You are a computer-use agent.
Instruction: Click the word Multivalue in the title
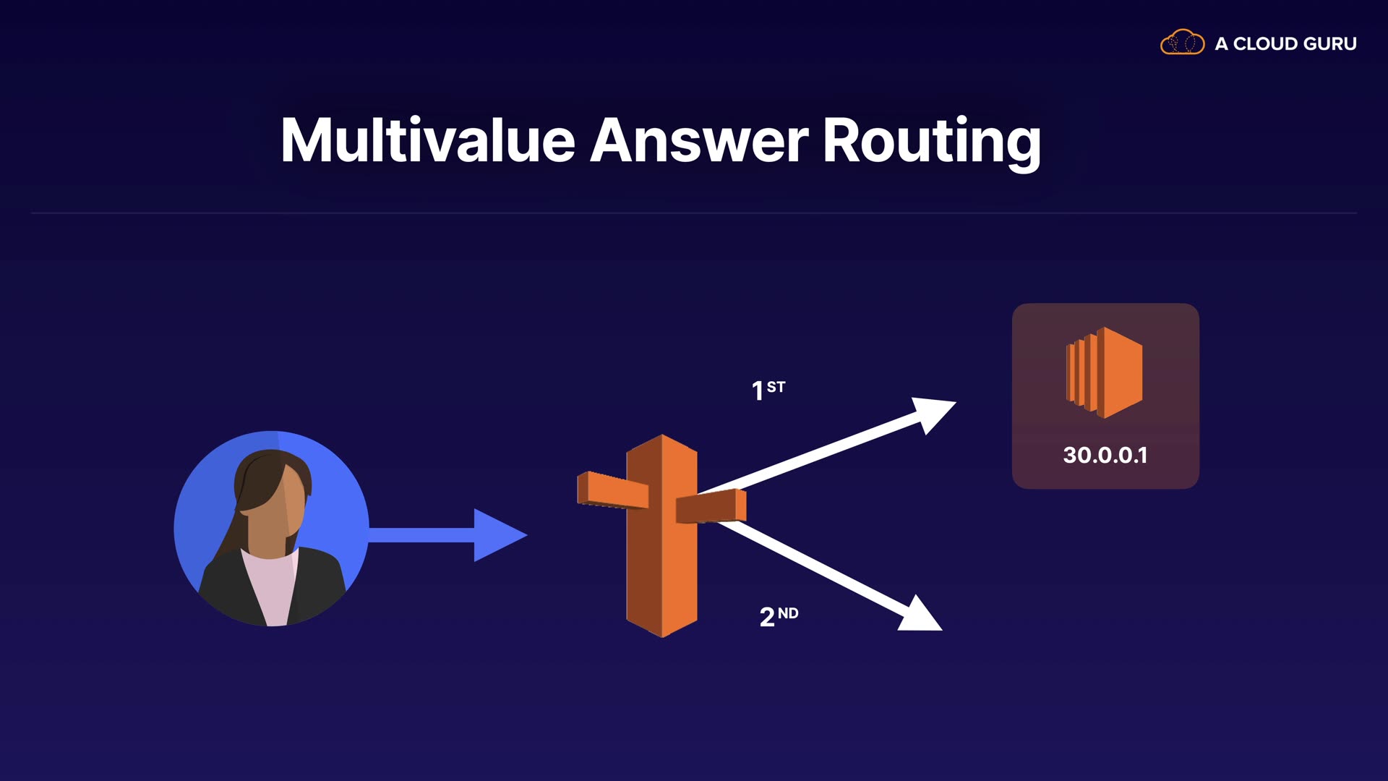427,140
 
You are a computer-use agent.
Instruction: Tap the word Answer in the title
699,140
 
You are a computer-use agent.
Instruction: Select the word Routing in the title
932,142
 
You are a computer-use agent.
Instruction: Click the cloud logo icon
1182,43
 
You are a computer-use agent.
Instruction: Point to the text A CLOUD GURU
1285,44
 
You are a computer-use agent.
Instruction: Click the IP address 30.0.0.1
1105,455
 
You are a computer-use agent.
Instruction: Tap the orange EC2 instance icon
1105,372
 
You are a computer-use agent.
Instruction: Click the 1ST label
768,390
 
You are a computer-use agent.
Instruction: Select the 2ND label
779,616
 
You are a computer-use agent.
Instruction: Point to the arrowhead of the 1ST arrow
933,413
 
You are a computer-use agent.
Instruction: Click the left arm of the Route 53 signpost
612,490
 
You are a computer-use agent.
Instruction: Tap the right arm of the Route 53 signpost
711,505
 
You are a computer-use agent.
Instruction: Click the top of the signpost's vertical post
662,445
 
